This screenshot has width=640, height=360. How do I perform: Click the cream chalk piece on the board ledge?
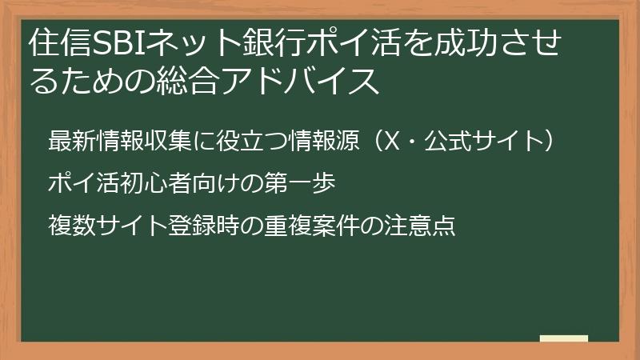pos(564,338)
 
